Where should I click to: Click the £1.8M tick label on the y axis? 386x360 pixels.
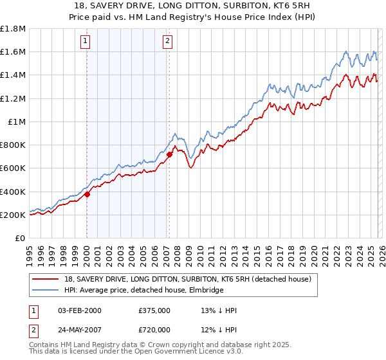(13, 29)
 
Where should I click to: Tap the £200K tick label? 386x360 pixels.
(13, 215)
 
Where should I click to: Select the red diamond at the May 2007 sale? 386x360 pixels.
(169, 154)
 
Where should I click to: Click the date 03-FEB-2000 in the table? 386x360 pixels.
(80, 310)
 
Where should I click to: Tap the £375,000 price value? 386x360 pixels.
(154, 310)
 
